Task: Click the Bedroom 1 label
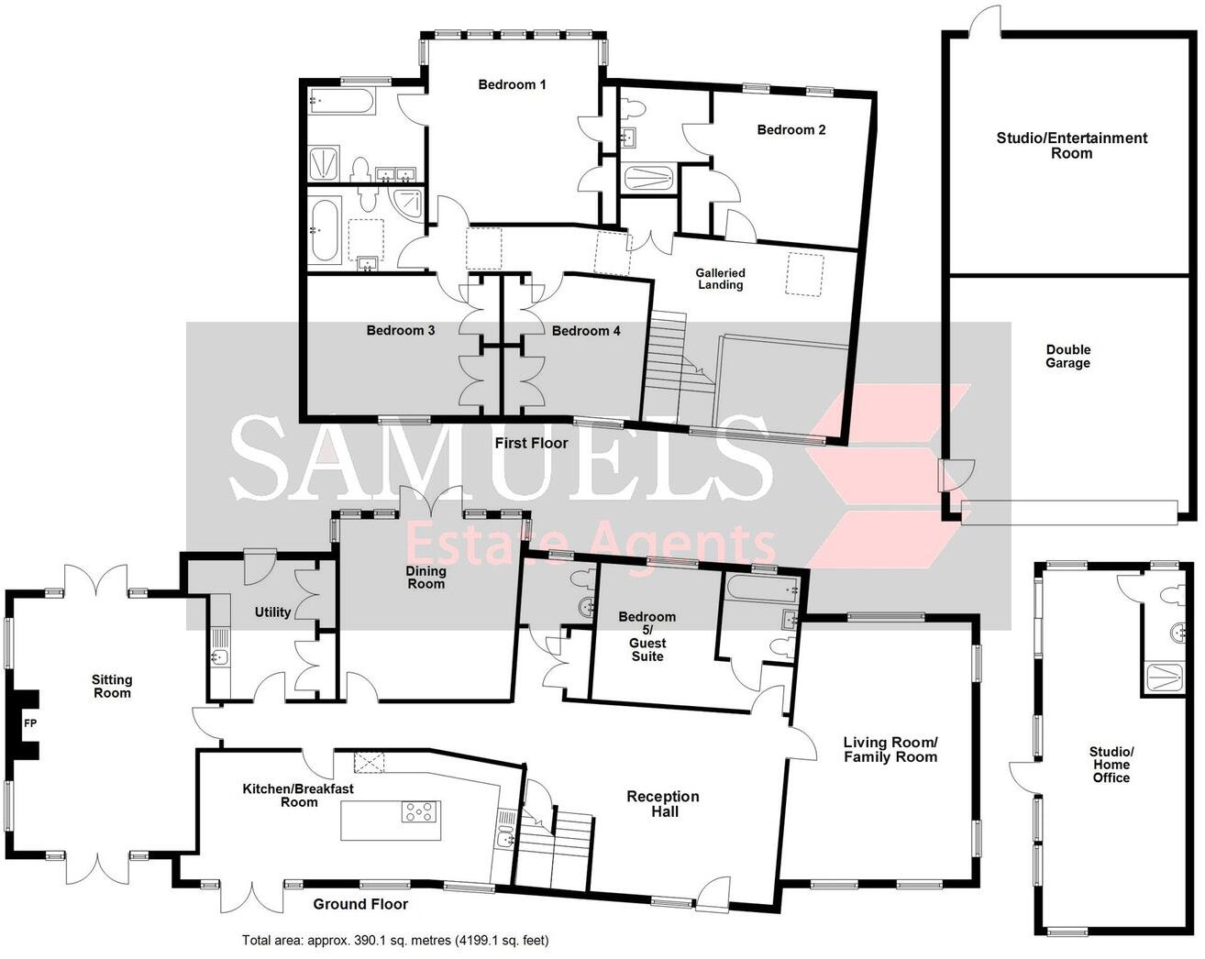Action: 512,85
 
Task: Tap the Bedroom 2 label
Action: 790,130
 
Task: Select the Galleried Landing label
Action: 720,279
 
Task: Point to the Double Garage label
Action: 1068,356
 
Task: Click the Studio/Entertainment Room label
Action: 1071,146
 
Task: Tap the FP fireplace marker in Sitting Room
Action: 29,723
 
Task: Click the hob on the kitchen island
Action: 420,811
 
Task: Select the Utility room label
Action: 272,612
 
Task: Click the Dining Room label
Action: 426,577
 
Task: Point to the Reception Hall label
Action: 662,803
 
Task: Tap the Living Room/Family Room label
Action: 890,749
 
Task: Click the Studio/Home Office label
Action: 1110,765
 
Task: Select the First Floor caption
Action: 531,444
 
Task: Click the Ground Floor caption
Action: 360,904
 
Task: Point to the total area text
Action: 395,940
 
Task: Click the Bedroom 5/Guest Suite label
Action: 647,636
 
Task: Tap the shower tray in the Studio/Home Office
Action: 1167,677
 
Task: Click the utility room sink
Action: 218,656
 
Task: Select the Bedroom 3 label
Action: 400,331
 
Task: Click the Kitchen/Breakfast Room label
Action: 298,795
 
